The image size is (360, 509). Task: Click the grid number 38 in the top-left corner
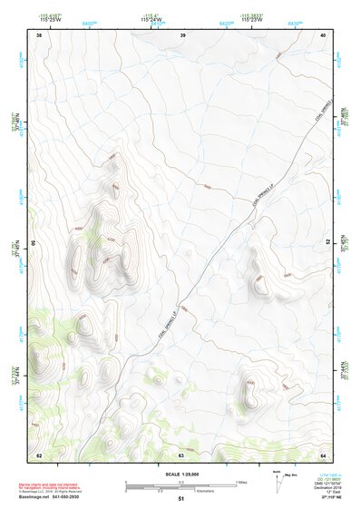[x=39, y=34]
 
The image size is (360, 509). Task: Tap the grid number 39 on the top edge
[x=182, y=34]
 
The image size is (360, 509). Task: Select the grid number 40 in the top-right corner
[x=323, y=34]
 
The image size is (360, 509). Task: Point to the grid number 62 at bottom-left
[x=39, y=455]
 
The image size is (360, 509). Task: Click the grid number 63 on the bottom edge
[x=181, y=455]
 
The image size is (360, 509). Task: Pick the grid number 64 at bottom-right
[x=323, y=455]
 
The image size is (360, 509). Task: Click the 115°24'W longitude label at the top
[x=151, y=18]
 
